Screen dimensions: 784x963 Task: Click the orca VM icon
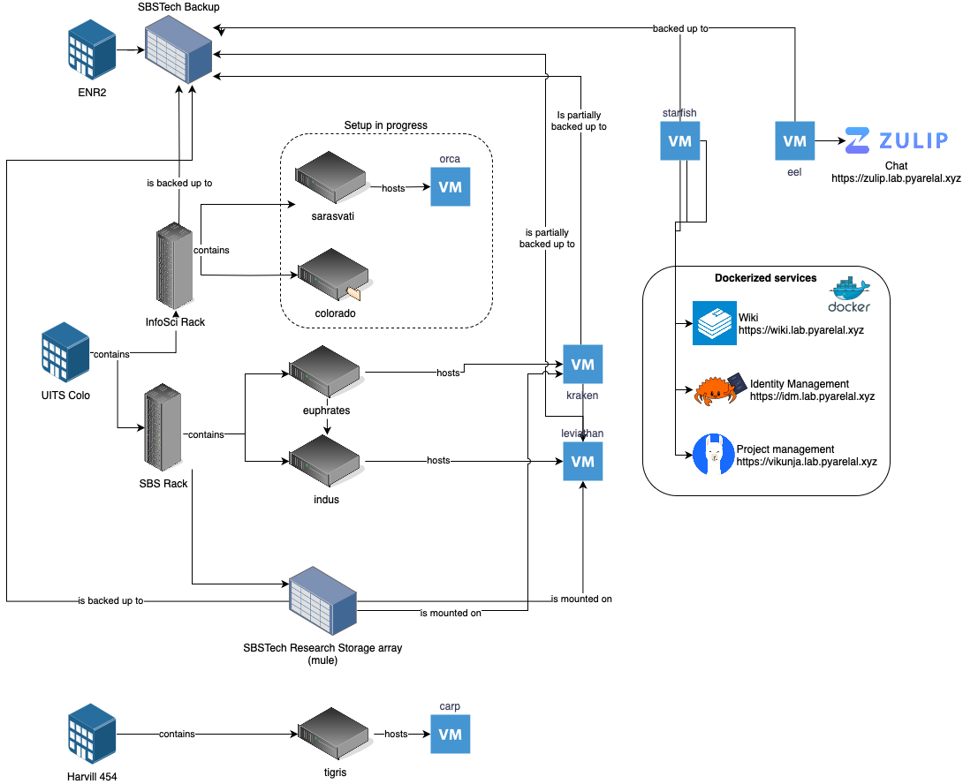[450, 187]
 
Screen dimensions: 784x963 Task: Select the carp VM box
[450, 734]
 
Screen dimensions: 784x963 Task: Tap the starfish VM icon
[680, 141]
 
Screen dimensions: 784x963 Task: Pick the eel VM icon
[794, 140]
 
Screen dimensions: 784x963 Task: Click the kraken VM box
[583, 364]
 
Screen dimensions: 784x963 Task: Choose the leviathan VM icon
[583, 461]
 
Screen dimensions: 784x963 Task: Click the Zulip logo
[896, 140]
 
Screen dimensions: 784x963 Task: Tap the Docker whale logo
[847, 294]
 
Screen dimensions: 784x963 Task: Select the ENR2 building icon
[92, 50]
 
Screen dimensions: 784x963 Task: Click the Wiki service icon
[714, 322]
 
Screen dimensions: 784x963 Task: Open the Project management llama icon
[714, 455]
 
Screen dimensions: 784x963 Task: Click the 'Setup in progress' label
[386, 125]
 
